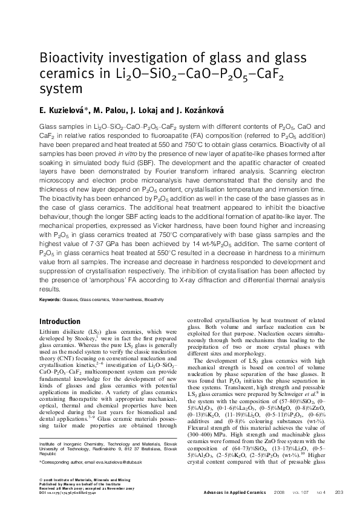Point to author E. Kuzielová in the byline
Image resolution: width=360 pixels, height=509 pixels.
click(x=59, y=109)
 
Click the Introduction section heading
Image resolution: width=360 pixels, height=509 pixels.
click(x=59, y=321)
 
